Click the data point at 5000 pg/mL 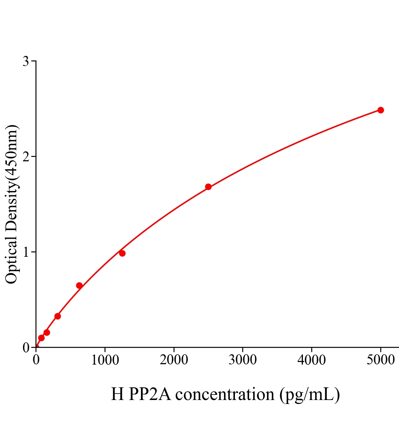coord(380,110)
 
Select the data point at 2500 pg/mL coord(208,187)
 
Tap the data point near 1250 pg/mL coord(122,253)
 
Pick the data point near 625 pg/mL coord(79,285)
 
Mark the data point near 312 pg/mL coord(57,316)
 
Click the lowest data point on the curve coord(41,338)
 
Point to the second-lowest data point coord(47,332)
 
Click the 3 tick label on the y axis coord(26,61)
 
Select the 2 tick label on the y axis coord(26,157)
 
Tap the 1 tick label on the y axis coord(26,252)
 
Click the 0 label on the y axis coord(26,348)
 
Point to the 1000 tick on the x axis coord(105,360)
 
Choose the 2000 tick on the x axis coord(174,360)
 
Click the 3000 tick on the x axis coord(243,360)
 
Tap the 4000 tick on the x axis coord(312,360)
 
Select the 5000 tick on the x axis coord(380,360)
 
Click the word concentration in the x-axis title coord(225,394)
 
